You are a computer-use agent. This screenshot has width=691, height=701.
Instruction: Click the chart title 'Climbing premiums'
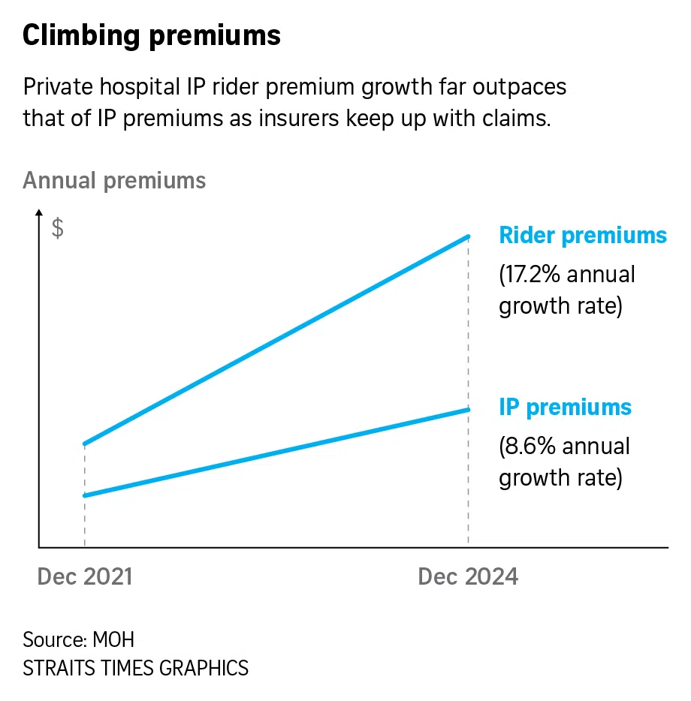152,35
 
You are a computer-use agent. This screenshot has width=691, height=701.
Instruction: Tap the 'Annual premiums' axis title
114,181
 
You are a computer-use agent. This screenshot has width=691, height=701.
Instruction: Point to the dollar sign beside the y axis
58,229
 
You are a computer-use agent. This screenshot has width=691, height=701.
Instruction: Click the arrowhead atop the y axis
39,216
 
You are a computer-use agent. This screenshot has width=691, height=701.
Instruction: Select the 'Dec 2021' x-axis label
85,576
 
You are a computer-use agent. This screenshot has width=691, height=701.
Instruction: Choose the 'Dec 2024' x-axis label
468,576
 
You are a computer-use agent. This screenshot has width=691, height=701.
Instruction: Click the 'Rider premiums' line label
583,236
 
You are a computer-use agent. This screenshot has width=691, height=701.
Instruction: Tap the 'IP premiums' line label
566,408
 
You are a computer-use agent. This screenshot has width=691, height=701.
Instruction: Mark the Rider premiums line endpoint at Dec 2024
469,236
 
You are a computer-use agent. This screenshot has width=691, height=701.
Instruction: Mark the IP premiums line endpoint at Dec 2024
469,409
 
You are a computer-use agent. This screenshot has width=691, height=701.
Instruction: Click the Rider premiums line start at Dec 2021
85,444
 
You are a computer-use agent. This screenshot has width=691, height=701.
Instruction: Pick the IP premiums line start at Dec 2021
85,495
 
